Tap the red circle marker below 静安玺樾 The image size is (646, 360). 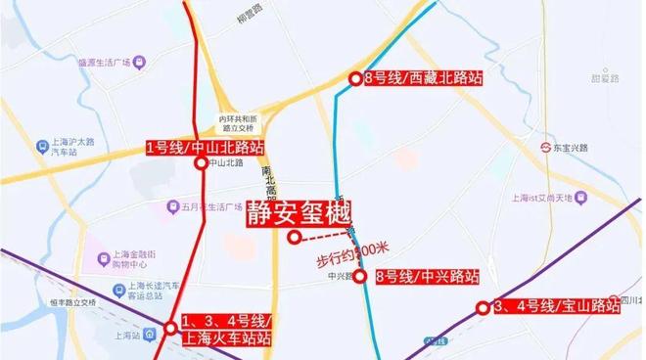294,237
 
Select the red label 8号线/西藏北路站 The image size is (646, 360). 413,77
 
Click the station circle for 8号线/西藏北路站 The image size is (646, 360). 355,78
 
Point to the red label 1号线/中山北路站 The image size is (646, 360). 204,148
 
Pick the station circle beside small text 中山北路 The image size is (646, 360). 201,164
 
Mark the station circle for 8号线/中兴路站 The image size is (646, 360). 360,277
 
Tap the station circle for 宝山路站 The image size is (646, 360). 483,308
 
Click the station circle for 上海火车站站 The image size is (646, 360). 171,327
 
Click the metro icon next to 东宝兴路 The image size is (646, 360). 549,148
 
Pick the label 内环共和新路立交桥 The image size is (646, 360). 236,123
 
